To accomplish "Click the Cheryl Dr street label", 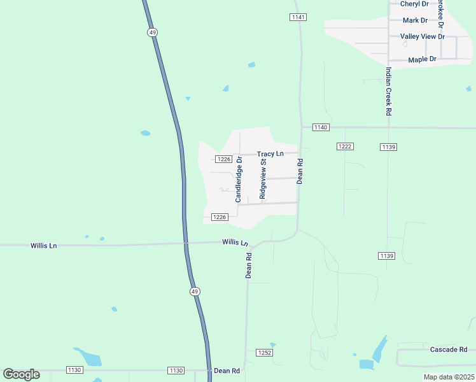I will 414,4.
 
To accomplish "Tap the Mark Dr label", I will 415,20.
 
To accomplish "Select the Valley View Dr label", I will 422,37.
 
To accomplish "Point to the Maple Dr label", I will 422,59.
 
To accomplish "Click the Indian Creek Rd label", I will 388,92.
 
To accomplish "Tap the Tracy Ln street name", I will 270,154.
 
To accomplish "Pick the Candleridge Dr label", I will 239,180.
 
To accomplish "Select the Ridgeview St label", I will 262,180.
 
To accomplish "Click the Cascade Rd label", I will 449,350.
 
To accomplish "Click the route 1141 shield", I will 298,17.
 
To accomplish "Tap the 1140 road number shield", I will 320,128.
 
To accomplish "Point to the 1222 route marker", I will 344,146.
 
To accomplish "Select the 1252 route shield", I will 265,353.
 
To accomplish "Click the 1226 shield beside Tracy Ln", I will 223,159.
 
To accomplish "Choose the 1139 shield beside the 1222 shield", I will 389,147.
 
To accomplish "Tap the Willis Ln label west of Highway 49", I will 43,246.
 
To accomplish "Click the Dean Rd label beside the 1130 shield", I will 227,371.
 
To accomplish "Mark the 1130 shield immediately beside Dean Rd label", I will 176,371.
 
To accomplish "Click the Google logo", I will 21,374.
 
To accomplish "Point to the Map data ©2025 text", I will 448,377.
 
